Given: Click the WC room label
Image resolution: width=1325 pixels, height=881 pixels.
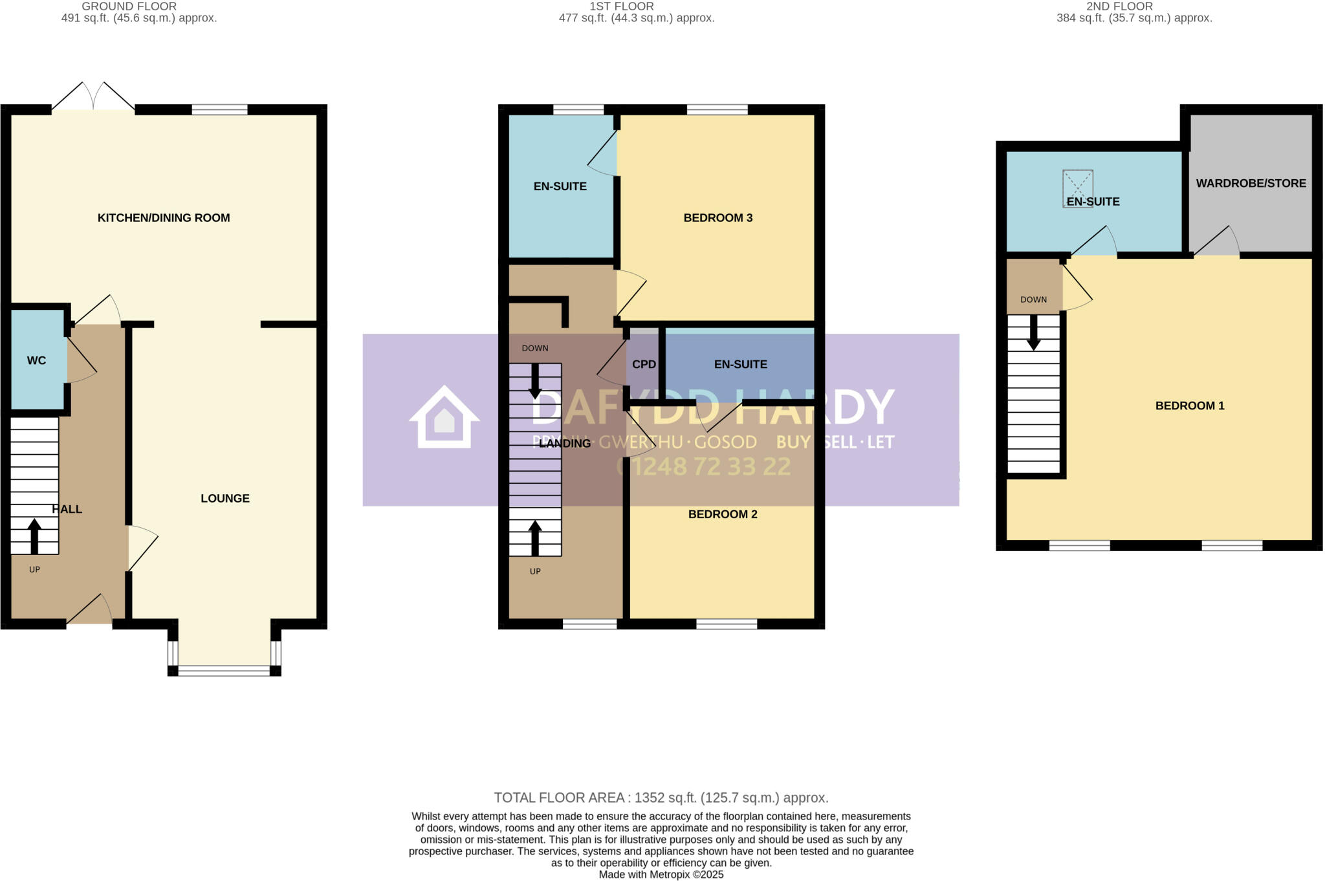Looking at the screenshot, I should (36, 361).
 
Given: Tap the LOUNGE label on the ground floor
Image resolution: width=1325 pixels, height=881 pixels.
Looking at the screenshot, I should (224, 499).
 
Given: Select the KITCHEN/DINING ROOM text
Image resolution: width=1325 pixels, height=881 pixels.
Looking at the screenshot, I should (164, 218).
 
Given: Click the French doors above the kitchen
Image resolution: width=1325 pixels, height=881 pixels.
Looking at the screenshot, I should (93, 97).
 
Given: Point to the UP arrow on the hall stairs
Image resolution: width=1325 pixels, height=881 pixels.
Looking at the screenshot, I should (34, 536).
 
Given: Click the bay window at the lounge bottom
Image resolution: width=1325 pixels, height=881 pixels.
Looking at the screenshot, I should (224, 671).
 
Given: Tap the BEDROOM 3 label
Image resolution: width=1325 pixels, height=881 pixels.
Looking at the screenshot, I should (717, 218).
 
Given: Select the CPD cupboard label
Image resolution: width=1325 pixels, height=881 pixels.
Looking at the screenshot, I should (644, 365).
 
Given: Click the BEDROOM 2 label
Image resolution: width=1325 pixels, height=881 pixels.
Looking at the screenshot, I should (722, 514).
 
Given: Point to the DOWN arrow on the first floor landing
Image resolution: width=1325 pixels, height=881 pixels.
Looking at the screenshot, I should (535, 382).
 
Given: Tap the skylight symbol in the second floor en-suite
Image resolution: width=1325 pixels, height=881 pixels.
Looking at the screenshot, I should (1077, 188).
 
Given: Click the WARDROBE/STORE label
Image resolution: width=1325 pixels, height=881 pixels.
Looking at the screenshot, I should (1251, 184).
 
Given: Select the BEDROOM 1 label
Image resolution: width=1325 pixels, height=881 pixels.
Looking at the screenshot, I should (1189, 406).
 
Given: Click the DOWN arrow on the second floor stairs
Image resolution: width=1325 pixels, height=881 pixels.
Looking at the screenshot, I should (1034, 332).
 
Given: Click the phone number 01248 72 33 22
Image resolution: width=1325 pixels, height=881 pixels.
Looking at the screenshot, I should (703, 466).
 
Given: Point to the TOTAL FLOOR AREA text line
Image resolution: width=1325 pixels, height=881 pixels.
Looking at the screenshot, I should (661, 798).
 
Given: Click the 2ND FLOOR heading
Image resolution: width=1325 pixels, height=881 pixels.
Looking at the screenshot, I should (1119, 6).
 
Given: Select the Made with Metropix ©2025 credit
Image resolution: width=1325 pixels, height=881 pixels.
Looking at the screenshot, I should (661, 875).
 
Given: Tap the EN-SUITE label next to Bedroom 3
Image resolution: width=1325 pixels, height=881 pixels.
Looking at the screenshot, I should (560, 187).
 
